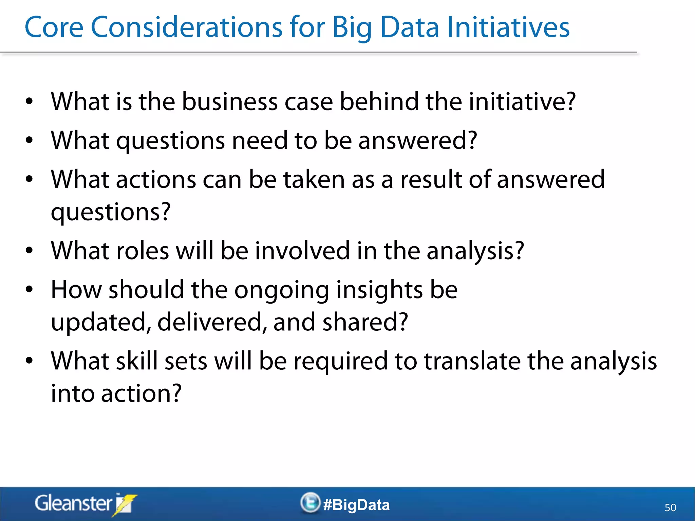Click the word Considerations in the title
tap(186, 27)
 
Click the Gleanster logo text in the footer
tap(73, 503)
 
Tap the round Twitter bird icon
tap(310, 502)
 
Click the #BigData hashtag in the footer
tap(356, 505)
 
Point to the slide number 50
tap(670, 507)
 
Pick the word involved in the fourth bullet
tap(302, 251)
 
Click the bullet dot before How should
tap(30, 289)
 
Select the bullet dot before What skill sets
tap(30, 361)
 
